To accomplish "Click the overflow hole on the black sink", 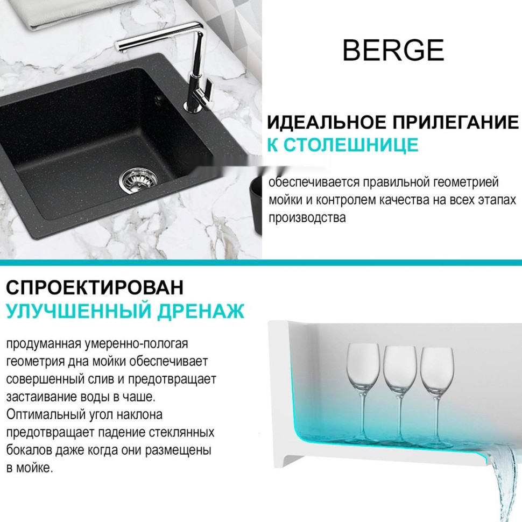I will [157, 98].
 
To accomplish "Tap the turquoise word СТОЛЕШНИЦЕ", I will [351, 145].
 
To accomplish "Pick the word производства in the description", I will [307, 218].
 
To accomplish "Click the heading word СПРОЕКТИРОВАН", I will [94, 287].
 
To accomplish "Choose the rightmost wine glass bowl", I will [437, 368].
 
